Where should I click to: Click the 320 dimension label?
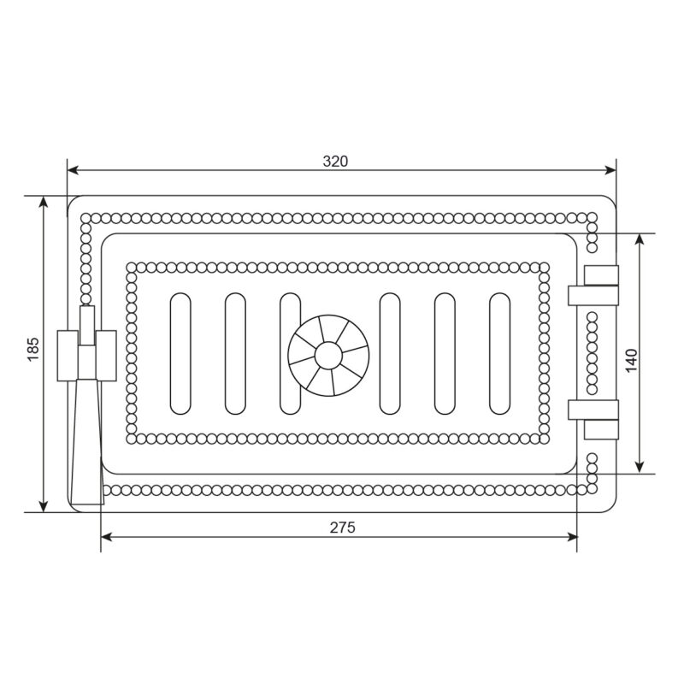pos(335,162)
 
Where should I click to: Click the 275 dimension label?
pos(343,528)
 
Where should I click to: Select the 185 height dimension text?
pos(33,350)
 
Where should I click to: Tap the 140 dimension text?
pos(631,361)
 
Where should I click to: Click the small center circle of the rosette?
pos(328,356)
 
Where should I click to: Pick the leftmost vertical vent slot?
pos(180,354)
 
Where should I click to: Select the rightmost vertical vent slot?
pos(499,354)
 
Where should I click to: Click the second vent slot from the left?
pos(235,354)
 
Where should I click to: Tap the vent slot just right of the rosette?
pos(390,354)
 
